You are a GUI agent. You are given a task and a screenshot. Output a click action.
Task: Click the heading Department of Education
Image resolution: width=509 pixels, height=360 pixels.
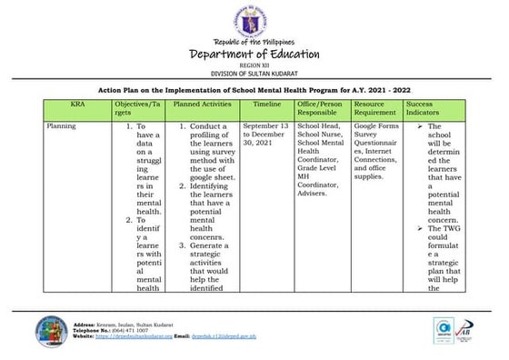(254, 54)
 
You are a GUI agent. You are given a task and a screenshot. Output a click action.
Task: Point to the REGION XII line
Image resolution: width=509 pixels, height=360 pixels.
(254, 65)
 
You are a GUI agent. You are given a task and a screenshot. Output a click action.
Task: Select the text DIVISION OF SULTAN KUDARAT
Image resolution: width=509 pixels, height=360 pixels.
(254, 73)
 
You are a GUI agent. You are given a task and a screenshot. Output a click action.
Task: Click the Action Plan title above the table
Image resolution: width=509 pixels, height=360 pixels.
(254, 92)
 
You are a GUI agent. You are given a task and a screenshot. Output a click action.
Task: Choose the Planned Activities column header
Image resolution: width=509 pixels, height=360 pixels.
(203, 105)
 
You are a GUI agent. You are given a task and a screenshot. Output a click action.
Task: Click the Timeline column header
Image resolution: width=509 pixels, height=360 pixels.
(266, 105)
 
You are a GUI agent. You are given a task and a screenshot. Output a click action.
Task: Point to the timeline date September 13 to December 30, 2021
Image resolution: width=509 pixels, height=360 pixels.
(266, 135)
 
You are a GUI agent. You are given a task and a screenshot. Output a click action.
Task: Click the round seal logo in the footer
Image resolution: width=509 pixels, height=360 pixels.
(50, 333)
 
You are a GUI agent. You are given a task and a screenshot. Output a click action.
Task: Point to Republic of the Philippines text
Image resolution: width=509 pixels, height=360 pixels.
(254, 42)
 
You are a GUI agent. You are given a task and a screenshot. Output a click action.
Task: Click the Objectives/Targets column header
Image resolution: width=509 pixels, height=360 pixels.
(137, 109)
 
